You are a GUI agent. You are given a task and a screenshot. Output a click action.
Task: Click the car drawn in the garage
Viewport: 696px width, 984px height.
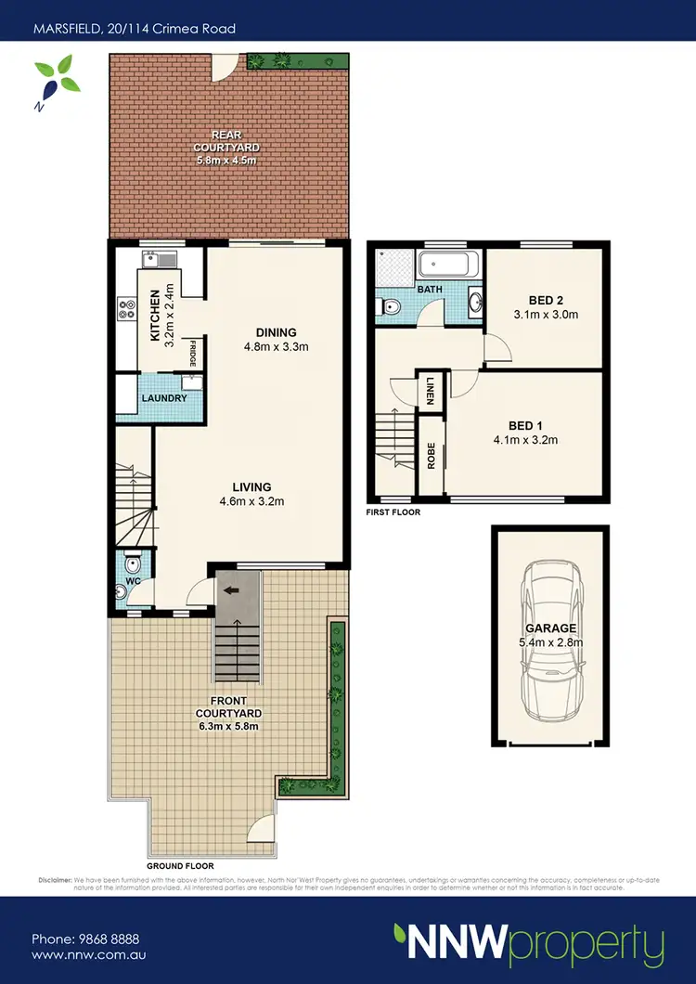tap(551, 641)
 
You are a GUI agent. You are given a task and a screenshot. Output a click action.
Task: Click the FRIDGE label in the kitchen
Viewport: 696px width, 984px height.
tap(193, 355)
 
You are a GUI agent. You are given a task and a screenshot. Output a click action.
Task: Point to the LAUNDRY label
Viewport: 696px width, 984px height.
tap(164, 398)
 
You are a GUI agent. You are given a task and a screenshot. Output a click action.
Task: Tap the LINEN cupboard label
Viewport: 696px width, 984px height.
tap(431, 389)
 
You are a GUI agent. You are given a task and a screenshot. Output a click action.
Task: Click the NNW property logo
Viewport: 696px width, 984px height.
tap(528, 945)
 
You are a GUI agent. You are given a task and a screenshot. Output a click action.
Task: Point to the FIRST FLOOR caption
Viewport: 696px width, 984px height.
tap(393, 511)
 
